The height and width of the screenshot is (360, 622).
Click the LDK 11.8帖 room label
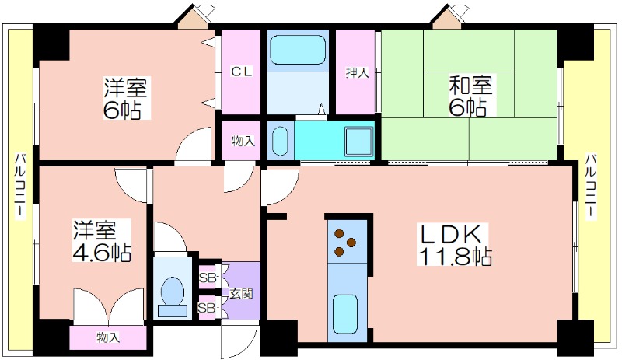pos(454,245)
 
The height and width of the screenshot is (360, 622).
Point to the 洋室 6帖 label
pos(125,99)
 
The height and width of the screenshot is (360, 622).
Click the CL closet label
pos(242,72)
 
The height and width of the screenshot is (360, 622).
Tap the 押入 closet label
pos(357,72)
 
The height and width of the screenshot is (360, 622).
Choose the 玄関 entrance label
pos(241,294)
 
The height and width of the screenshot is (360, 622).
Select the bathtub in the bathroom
pos(298,49)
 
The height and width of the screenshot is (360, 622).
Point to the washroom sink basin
pos(280,141)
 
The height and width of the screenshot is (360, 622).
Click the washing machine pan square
pos(359,142)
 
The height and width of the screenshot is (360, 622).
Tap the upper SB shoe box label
pos(207,278)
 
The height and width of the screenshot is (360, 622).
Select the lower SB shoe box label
pos(207,308)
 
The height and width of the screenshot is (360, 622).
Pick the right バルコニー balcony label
pos(591,185)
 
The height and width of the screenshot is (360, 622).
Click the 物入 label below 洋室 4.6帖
pos(108,337)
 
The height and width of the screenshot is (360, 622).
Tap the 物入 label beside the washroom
pos(243,141)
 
